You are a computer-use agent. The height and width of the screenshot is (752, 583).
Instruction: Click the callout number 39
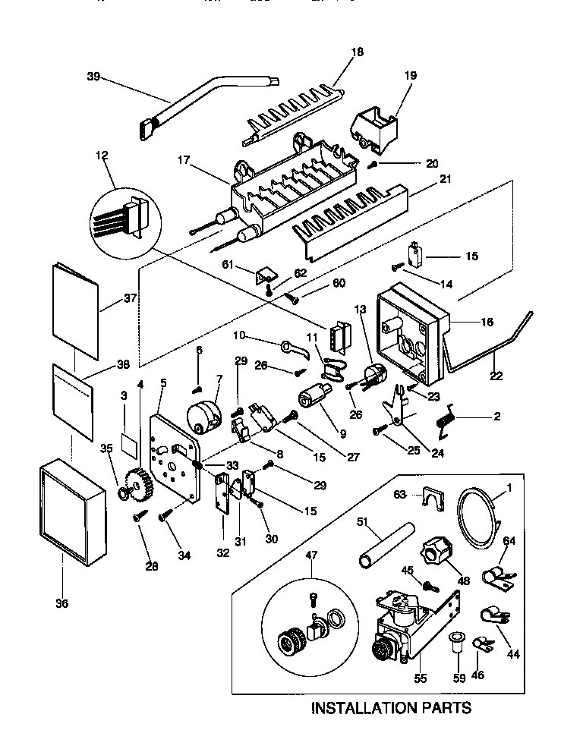coord(93,77)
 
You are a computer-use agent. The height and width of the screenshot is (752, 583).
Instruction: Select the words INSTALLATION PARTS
coord(391,709)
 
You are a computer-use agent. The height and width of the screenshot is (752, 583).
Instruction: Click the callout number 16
coord(487,322)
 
